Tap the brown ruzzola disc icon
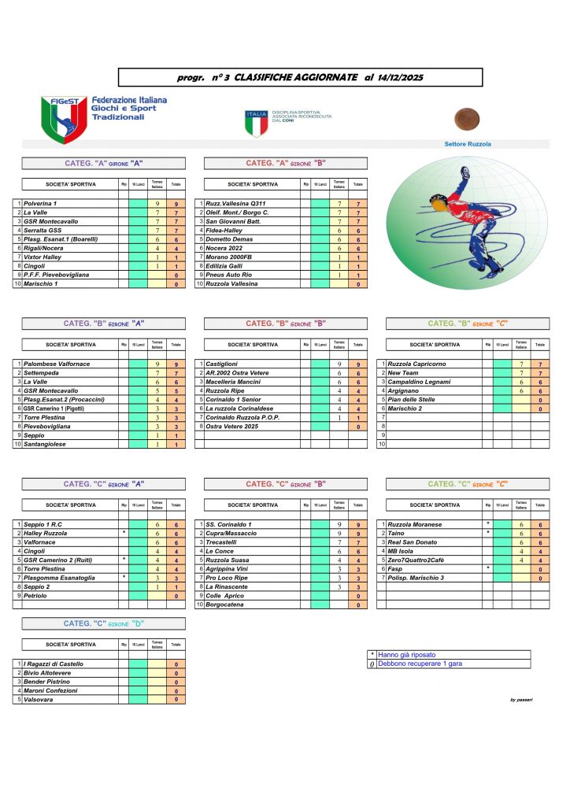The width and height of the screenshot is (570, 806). pyautogui.click(x=467, y=119)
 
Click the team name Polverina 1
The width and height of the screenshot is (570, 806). pyautogui.click(x=45, y=204)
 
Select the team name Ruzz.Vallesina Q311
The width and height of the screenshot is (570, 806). pyautogui.click(x=235, y=204)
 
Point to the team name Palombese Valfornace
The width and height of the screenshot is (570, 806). pyautogui.click(x=56, y=364)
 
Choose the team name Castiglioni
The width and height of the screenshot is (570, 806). pyautogui.click(x=224, y=364)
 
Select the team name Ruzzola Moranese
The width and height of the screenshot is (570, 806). pyautogui.click(x=416, y=524)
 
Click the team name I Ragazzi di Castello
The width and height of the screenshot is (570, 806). pyautogui.click(x=56, y=664)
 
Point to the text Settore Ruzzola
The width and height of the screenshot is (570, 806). pyautogui.click(x=468, y=144)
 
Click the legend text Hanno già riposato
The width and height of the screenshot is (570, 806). pyautogui.click(x=407, y=654)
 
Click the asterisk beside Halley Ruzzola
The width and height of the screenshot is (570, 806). pyautogui.click(x=124, y=533)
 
